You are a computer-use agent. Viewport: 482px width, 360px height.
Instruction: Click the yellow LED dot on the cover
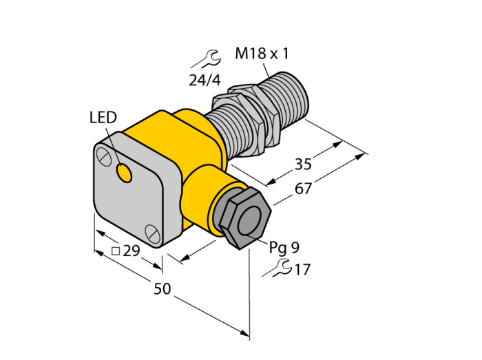point(124,173)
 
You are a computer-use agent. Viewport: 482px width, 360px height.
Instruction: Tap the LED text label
point(103,117)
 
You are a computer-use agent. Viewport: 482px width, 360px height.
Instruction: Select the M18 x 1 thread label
point(262,54)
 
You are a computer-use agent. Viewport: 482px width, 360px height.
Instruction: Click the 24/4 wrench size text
point(205,81)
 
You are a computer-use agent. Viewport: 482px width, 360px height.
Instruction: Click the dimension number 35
point(303,164)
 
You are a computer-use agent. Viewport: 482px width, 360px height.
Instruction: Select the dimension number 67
point(304,189)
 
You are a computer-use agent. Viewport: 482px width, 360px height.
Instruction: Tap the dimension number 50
point(162,288)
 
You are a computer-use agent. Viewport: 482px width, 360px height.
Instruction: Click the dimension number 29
point(132,251)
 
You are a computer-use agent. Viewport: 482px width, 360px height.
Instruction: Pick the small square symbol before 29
point(116,251)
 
